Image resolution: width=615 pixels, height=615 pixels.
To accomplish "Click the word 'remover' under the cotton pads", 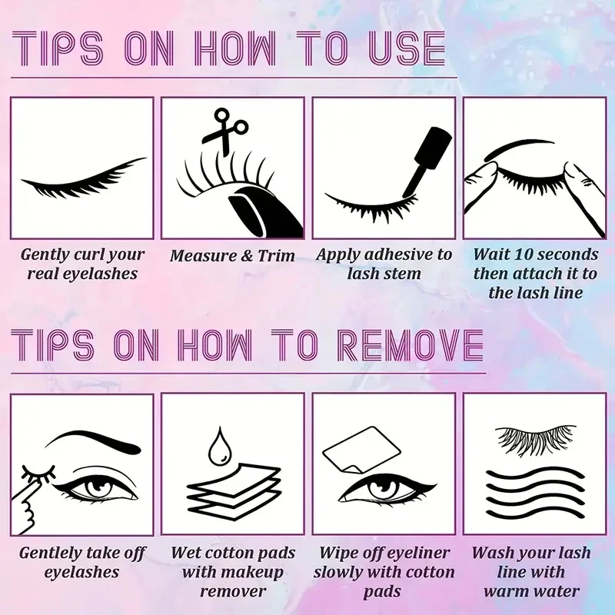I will (231, 590).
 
